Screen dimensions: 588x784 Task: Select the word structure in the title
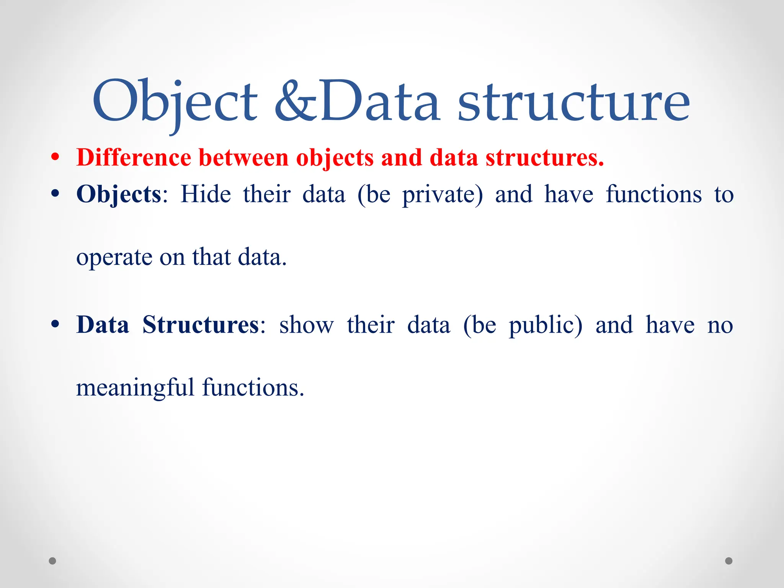tap(573, 101)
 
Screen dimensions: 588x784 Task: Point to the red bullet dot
tap(56, 157)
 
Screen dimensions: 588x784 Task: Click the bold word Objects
tap(119, 194)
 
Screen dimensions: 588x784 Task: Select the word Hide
tap(206, 194)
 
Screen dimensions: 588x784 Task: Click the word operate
tap(114, 257)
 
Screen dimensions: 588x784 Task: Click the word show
tap(306, 325)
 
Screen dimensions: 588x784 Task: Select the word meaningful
tap(135, 388)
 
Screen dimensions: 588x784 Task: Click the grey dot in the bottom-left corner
tap(52, 561)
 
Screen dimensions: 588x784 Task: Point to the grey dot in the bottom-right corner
tap(729, 561)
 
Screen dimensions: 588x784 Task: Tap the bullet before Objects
tap(56, 194)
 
